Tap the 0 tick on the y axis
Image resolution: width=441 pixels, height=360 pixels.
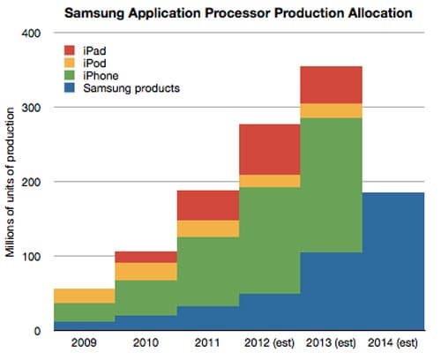[35, 331]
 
